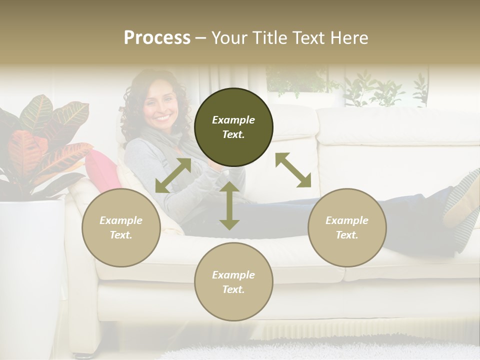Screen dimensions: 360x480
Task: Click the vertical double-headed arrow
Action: [x=229, y=205]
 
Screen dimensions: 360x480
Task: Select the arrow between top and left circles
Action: [x=173, y=175]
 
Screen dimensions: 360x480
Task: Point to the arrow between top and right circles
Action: [x=293, y=170]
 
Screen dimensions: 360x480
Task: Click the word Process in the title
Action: [x=157, y=37]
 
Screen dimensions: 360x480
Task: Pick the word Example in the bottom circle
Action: [x=233, y=275]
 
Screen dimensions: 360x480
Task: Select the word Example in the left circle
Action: [x=121, y=220]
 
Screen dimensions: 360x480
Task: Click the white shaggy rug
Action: [x=320, y=350]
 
